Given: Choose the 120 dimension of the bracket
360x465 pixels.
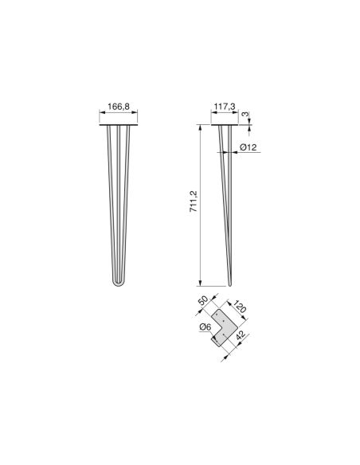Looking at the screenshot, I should [238, 307].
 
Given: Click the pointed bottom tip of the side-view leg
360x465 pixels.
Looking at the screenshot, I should [229, 284].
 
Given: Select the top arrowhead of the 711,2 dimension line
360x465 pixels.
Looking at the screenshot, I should [198, 127].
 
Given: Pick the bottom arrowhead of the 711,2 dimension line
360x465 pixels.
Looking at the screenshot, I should [198, 283].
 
